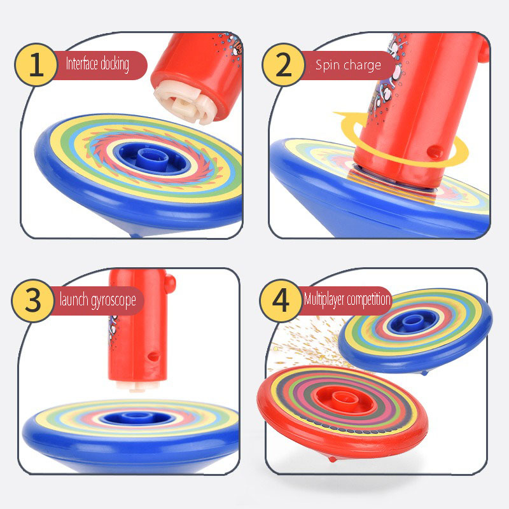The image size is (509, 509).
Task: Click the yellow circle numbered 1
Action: click(x=36, y=65)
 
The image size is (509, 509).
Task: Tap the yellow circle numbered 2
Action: click(x=283, y=65)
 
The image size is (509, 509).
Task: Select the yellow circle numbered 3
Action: click(x=33, y=300)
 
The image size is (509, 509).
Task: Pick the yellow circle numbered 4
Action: click(x=281, y=300)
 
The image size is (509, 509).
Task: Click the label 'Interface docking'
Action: click(x=97, y=64)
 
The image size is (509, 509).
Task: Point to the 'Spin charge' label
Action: click(x=348, y=66)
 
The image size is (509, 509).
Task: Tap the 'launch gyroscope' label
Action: click(x=98, y=300)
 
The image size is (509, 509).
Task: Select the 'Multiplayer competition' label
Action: click(x=347, y=299)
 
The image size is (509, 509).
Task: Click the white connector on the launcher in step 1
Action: click(x=184, y=104)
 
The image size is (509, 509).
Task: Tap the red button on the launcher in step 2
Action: click(x=435, y=151)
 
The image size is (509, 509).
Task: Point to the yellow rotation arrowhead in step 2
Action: click(x=344, y=115)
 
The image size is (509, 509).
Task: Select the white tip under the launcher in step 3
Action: click(x=137, y=386)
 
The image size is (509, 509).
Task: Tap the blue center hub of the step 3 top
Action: click(x=133, y=417)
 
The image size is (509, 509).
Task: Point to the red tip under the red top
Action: click(x=332, y=459)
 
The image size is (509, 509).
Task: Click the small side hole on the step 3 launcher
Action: click(x=153, y=356)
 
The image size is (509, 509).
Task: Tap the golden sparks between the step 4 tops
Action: click(x=308, y=345)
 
